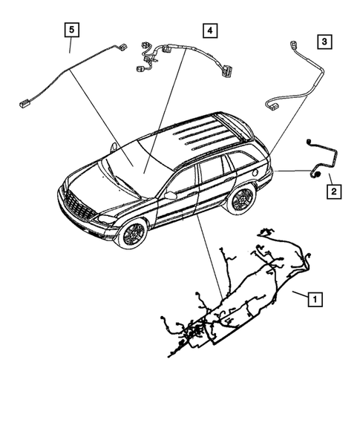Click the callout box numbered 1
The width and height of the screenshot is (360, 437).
tap(315, 300)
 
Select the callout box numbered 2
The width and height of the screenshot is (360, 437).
tap(334, 192)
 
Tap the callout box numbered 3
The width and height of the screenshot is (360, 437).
tap(324, 42)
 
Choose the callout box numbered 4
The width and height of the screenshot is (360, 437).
tap(210, 30)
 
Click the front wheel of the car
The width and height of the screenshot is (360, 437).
tap(134, 234)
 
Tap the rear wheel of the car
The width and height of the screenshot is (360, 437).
tap(240, 199)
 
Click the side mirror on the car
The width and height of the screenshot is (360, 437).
tap(171, 194)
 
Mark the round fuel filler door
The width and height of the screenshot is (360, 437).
tap(256, 173)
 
